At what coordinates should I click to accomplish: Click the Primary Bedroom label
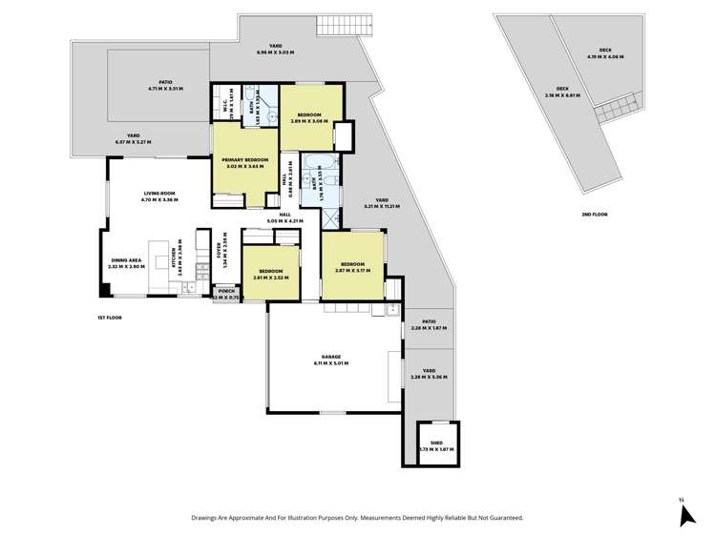(x=244, y=160)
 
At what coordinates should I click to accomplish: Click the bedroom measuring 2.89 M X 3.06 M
(x=308, y=115)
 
